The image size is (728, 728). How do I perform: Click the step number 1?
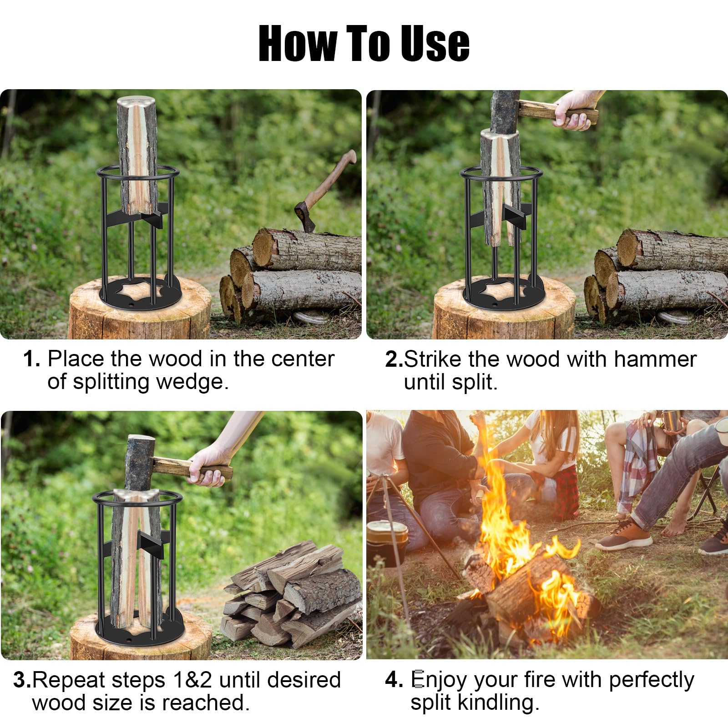32,359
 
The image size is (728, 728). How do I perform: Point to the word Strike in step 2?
433,359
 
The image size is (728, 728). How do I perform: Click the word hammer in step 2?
655,359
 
